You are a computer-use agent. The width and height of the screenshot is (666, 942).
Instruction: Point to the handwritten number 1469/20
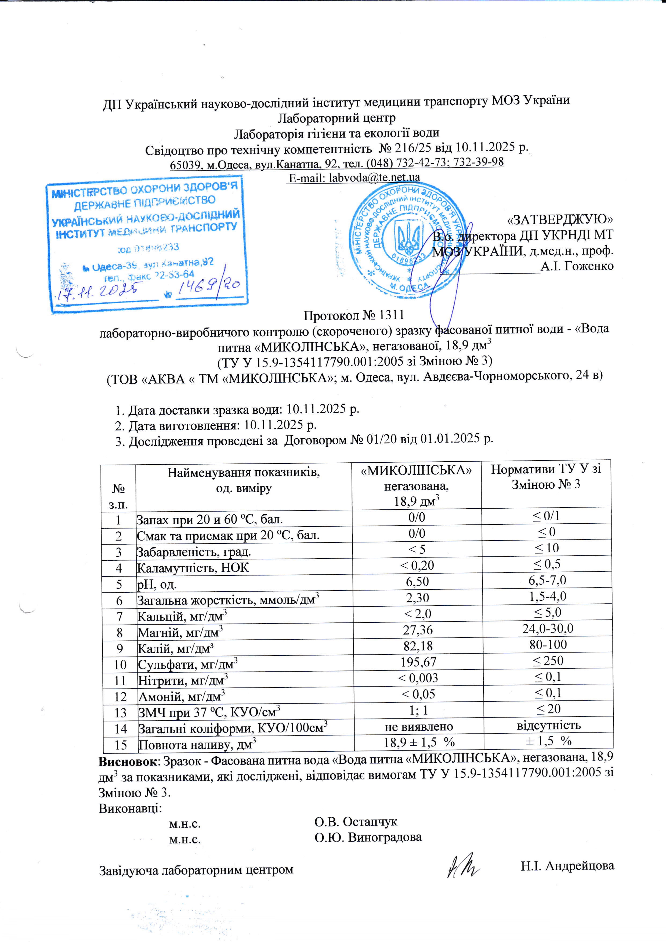point(209,287)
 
